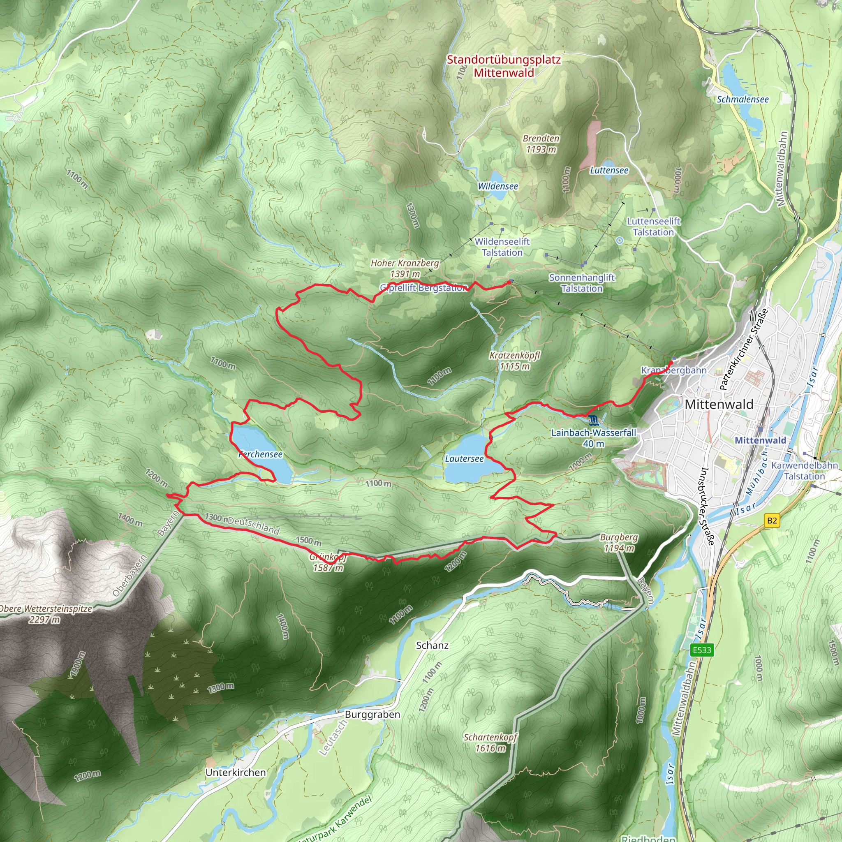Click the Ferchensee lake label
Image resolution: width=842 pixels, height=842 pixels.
coord(261,454)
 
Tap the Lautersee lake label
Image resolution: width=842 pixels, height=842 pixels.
coord(464,458)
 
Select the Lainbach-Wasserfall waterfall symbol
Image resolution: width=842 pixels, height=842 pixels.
coord(593,421)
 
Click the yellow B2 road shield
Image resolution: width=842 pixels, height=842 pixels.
coord(772,520)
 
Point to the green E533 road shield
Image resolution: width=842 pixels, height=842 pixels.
coord(702,650)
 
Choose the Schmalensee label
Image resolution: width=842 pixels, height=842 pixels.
coord(743,99)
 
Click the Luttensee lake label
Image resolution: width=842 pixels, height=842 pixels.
coord(609,170)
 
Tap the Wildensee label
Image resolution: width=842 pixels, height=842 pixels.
coord(498,186)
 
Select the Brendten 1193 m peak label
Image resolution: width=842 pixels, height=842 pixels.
coord(541,144)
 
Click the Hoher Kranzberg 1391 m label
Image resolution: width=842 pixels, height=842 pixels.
coord(405,268)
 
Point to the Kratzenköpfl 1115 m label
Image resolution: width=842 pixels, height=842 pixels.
coord(515,361)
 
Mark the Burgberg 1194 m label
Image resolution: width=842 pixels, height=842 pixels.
coord(619,543)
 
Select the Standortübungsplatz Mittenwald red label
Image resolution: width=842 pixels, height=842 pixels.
coord(504,66)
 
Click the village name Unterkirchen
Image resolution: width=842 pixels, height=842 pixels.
coord(236,772)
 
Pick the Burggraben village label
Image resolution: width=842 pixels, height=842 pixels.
coord(372,714)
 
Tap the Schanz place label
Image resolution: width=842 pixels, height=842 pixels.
coord(432,645)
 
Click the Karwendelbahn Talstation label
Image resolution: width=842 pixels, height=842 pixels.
coord(804,471)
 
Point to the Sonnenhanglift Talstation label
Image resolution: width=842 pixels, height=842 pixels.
coord(582,283)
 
